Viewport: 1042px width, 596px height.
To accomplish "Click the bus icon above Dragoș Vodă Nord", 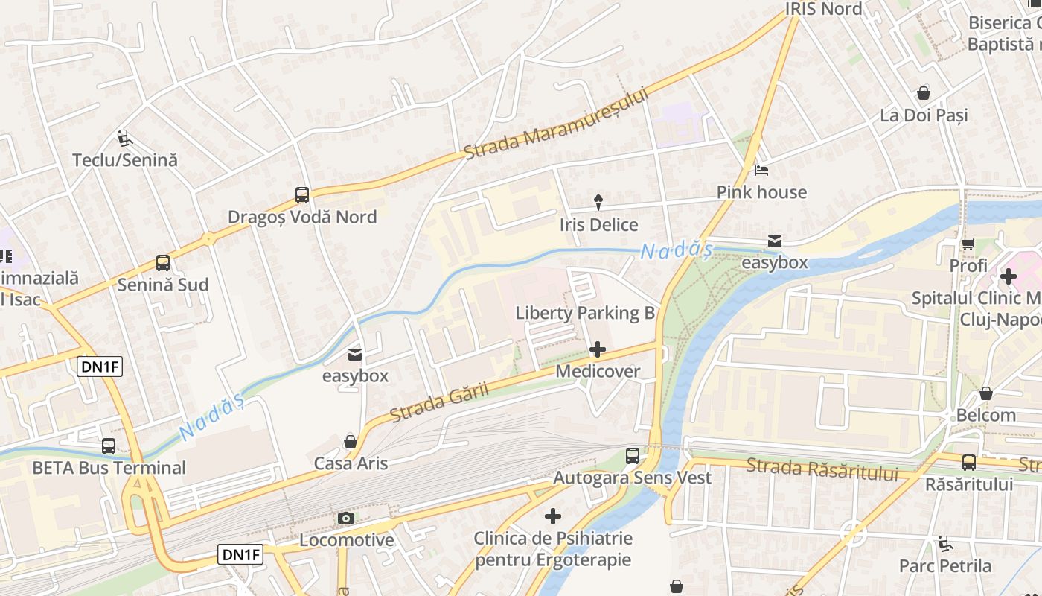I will tap(301, 195).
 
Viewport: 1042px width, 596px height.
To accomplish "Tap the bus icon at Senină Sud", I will tap(163, 263).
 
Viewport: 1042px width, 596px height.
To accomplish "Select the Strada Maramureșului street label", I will tap(556, 124).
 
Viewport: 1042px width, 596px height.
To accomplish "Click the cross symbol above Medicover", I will tap(597, 349).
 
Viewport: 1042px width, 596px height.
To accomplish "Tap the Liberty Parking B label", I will tap(585, 313).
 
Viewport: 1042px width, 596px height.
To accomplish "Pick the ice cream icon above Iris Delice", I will tap(598, 202).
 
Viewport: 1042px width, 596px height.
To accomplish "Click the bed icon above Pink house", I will tap(761, 170).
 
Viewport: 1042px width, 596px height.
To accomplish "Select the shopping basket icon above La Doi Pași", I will tap(923, 93).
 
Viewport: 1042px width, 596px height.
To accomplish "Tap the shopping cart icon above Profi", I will tap(968, 244).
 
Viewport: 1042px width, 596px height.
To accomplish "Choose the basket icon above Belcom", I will tap(986, 393).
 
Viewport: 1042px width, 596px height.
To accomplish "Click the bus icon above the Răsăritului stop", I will tap(968, 462).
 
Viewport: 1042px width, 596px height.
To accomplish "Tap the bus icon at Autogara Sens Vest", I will tap(633, 455).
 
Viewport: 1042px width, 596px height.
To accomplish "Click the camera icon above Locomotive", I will tap(345, 518).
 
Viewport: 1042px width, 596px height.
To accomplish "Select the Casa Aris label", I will tap(351, 463).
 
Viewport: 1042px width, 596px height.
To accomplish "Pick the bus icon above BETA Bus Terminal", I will tap(109, 446).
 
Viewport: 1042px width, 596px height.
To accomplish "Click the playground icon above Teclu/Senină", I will tap(124, 138).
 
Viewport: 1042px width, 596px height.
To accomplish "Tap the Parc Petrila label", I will tap(945, 566).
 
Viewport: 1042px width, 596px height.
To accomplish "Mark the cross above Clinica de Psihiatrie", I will tap(553, 516).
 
